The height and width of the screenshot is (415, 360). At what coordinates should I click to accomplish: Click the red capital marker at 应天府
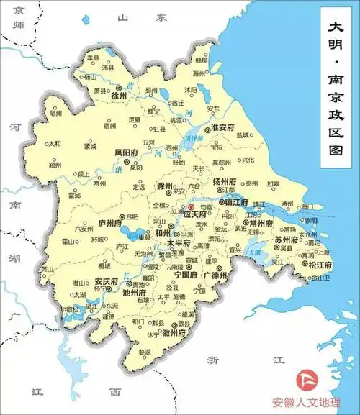[x=192, y=207]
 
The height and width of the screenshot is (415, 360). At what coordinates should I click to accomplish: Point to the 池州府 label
[x=135, y=293]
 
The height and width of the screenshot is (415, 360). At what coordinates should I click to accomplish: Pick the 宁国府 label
[x=185, y=275]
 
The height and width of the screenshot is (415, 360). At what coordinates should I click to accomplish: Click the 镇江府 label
[x=235, y=203]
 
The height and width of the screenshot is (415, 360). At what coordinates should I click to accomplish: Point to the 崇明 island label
[x=311, y=219]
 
